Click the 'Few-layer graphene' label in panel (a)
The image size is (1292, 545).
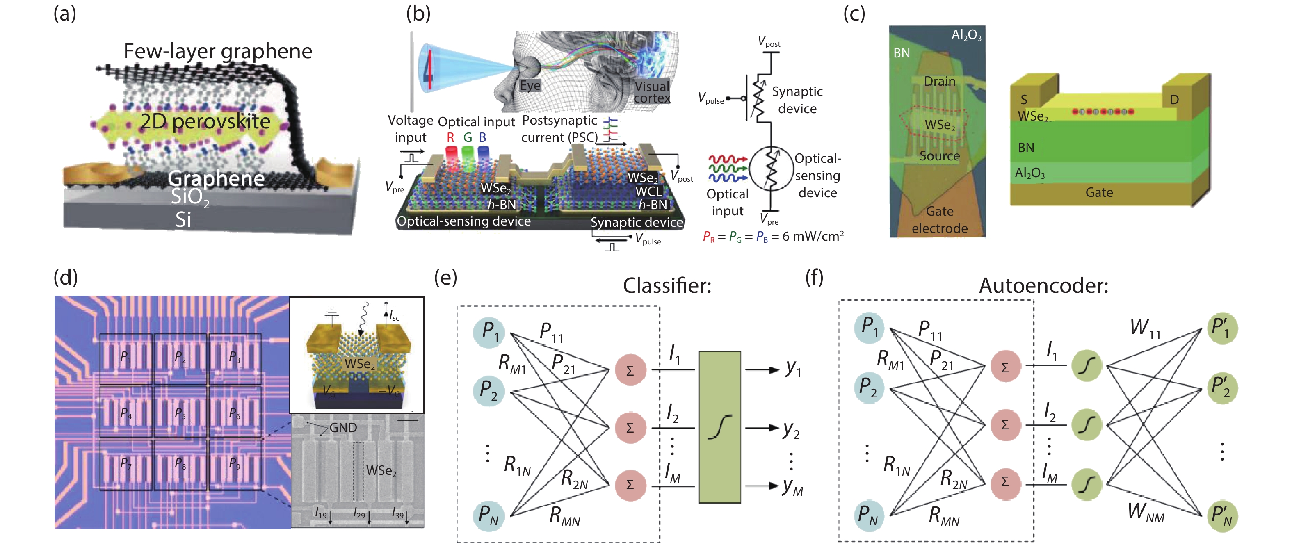tap(218, 51)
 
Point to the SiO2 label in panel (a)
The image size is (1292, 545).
tap(189, 196)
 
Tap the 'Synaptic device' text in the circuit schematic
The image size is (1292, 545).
tap(797, 100)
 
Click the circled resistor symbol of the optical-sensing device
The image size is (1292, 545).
tap(772, 169)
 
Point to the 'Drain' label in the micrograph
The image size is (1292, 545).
tap(939, 81)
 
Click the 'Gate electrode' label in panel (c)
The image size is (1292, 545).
tap(939, 220)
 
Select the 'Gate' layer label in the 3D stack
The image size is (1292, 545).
tap(1099, 192)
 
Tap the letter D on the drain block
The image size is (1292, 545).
tap(1174, 100)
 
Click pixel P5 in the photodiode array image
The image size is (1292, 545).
tap(180, 413)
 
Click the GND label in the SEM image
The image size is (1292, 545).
tap(343, 428)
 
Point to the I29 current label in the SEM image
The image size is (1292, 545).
tap(359, 513)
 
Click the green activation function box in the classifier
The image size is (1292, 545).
tap(719, 426)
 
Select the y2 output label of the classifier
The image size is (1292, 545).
tap(791, 429)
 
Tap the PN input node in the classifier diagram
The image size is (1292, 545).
tap(488, 515)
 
